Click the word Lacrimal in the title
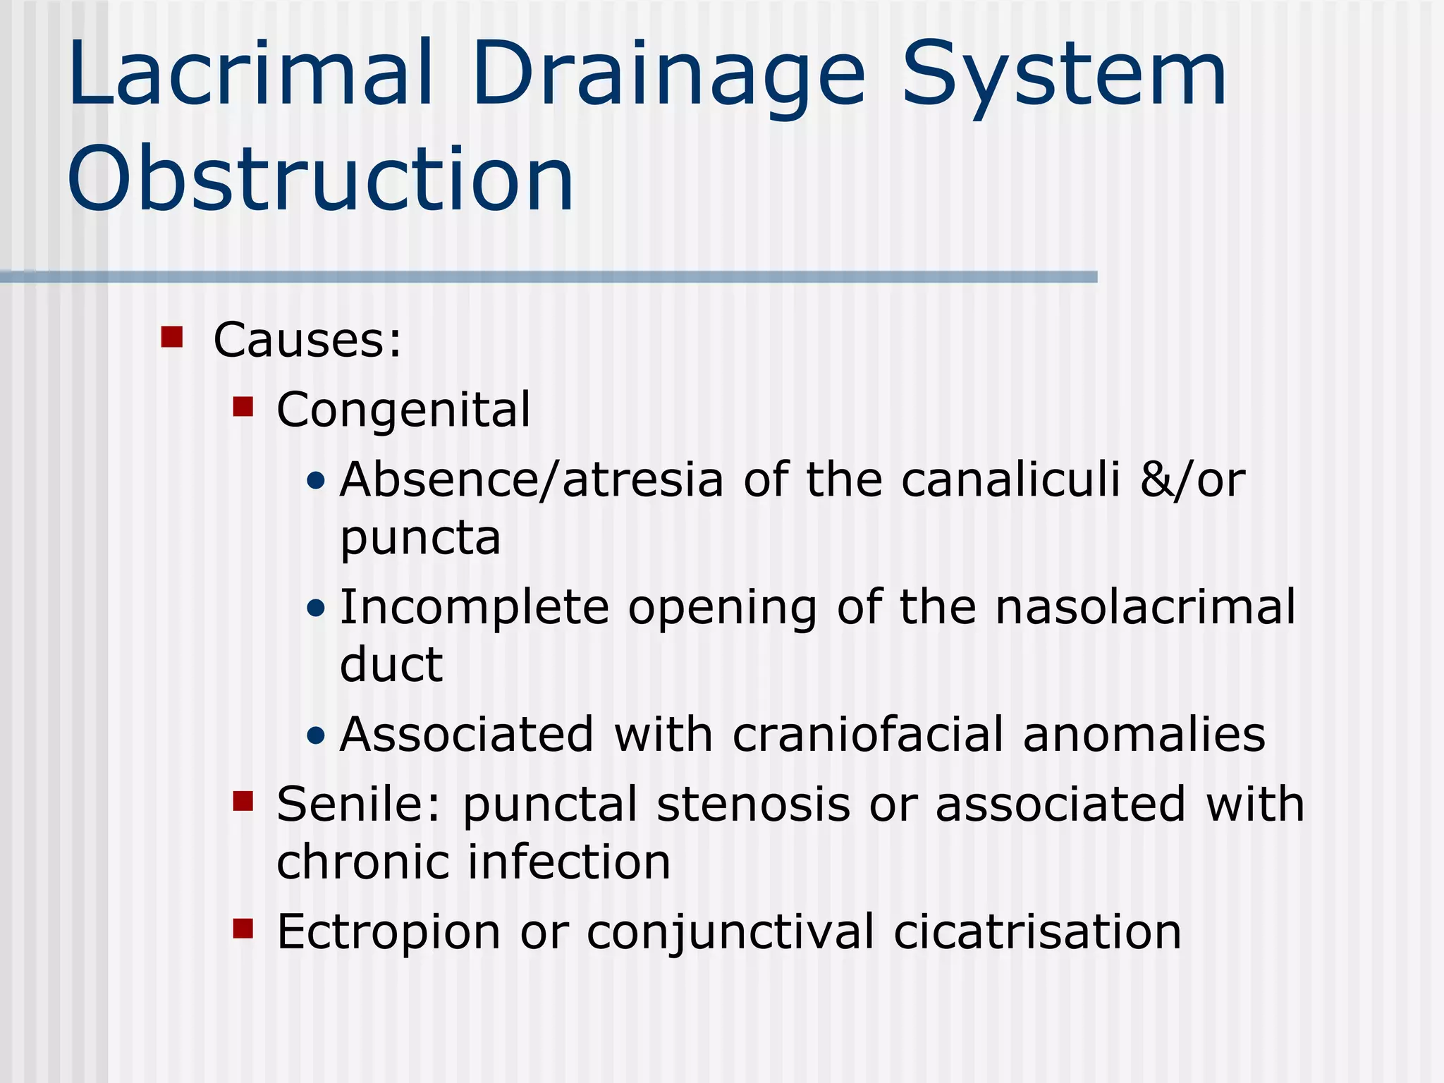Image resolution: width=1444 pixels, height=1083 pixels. click(250, 74)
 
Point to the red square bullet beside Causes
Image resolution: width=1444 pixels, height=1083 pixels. click(172, 337)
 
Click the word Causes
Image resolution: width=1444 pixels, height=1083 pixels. click(307, 340)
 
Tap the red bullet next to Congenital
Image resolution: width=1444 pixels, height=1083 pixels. click(243, 407)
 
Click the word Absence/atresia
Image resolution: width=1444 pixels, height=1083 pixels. click(532, 479)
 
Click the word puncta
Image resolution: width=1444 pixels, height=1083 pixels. click(420, 539)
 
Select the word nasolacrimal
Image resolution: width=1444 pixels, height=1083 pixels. click(1145, 607)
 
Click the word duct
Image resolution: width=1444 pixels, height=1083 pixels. click(391, 664)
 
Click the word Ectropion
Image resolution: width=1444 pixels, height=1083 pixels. click(388, 932)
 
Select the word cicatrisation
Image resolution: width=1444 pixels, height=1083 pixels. click(1037, 931)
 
